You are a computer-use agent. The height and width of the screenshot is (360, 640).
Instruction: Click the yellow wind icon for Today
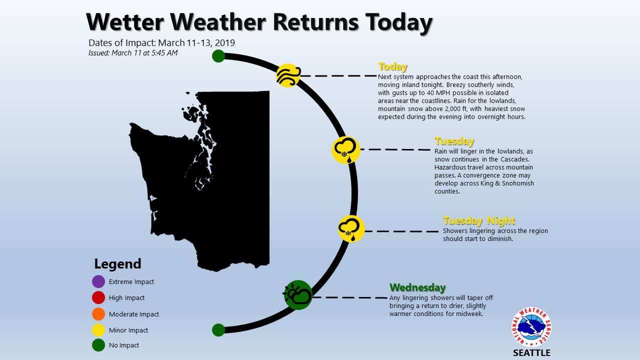click(x=288, y=75)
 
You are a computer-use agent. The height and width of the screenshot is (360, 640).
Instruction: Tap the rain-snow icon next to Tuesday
click(x=345, y=150)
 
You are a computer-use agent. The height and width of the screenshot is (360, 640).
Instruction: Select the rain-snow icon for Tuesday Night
click(x=351, y=228)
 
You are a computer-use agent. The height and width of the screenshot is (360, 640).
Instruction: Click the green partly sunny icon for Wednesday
click(x=297, y=295)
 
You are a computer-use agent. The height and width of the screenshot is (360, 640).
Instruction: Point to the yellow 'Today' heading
click(x=392, y=66)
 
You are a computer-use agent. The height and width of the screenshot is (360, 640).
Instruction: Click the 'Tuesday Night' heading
click(x=479, y=220)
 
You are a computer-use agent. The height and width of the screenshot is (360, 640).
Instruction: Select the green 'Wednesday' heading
click(x=417, y=287)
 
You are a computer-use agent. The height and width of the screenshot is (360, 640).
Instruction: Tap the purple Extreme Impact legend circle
click(x=98, y=281)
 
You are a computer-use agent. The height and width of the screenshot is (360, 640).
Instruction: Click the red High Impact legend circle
click(x=98, y=297)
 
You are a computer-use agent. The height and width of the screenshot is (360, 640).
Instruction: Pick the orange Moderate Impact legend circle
click(x=98, y=314)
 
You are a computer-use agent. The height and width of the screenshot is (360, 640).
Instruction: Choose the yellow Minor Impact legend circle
click(x=98, y=330)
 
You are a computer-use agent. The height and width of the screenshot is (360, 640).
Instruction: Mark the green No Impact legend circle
click(x=98, y=345)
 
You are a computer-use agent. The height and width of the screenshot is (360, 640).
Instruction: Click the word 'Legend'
click(x=117, y=263)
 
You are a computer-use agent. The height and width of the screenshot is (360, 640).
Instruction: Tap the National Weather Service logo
click(x=531, y=327)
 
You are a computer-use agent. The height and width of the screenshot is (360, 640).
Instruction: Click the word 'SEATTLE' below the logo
click(x=531, y=353)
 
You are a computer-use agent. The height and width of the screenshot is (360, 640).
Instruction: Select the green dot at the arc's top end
click(x=218, y=56)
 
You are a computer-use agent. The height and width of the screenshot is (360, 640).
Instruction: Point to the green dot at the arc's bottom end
click(x=218, y=330)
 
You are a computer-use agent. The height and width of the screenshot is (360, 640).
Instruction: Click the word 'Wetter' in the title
click(x=125, y=22)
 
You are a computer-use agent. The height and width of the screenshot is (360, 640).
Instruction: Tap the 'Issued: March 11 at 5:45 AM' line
click(x=133, y=53)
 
